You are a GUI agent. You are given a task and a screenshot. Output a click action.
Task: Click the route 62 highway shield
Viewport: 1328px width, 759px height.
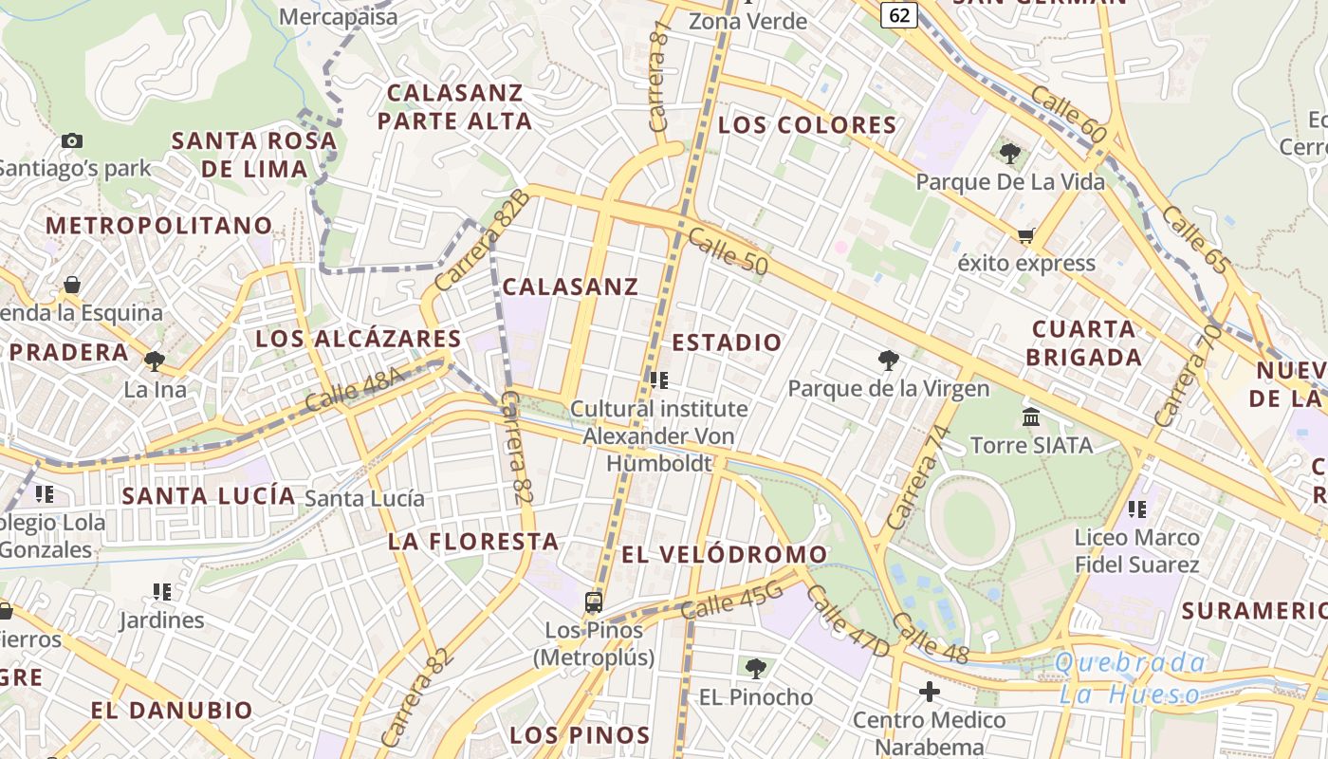pyautogui.click(x=899, y=14)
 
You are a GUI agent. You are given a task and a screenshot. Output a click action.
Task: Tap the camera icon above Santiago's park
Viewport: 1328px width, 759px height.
pyautogui.click(x=71, y=140)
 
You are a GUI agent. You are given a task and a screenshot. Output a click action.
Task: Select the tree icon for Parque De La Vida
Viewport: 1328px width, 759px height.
pyautogui.click(x=1010, y=152)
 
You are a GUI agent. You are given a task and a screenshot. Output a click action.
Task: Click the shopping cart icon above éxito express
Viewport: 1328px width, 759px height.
pyautogui.click(x=1025, y=234)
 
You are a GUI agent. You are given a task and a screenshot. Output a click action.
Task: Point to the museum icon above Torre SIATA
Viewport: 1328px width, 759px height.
pyautogui.click(x=1031, y=417)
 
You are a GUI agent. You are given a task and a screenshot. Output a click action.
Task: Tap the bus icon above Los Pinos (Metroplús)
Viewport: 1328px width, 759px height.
pyautogui.click(x=594, y=602)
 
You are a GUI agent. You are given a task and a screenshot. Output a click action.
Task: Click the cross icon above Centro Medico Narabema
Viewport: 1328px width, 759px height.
pyautogui.click(x=929, y=692)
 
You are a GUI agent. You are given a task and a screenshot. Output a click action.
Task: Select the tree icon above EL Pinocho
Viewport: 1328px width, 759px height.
pyautogui.click(x=755, y=669)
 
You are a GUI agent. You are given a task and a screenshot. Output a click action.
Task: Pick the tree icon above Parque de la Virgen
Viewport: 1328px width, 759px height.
pyautogui.click(x=888, y=360)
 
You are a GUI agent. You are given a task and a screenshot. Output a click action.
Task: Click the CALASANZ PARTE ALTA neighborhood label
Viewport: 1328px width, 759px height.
pyautogui.click(x=455, y=107)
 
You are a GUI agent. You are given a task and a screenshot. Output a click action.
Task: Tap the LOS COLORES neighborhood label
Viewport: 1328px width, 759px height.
pyautogui.click(x=807, y=125)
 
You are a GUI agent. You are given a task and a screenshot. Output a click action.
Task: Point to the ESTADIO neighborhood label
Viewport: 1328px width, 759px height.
pyautogui.click(x=727, y=342)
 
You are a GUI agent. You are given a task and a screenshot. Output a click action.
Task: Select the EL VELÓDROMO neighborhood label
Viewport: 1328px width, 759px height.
pyautogui.click(x=725, y=554)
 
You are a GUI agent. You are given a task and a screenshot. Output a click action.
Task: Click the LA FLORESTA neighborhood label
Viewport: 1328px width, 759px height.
pyautogui.click(x=473, y=542)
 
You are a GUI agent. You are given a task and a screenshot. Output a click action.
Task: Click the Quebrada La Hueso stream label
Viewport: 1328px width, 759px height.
pyautogui.click(x=1129, y=678)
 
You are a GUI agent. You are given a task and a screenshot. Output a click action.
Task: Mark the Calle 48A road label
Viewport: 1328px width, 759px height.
pyautogui.click(x=355, y=389)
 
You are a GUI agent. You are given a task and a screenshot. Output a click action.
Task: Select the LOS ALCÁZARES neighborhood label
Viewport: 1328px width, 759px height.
pyautogui.click(x=359, y=339)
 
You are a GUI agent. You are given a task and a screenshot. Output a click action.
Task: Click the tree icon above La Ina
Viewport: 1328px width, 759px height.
pyautogui.click(x=154, y=361)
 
